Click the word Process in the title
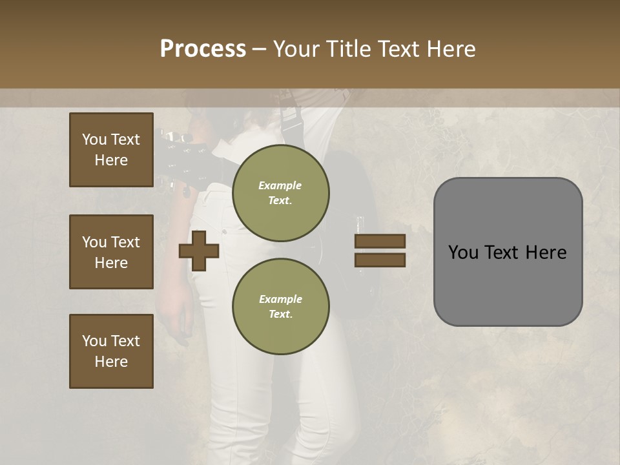(x=203, y=49)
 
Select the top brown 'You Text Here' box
(x=111, y=150)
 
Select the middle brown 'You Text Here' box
(x=111, y=252)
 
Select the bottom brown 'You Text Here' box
(x=111, y=351)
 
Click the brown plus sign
(x=199, y=251)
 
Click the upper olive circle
(x=280, y=192)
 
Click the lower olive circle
(x=280, y=306)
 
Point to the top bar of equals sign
(x=380, y=241)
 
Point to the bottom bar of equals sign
(x=380, y=260)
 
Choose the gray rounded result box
(x=508, y=252)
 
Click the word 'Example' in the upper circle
(x=280, y=185)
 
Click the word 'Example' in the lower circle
(x=280, y=299)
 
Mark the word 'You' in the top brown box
(x=94, y=139)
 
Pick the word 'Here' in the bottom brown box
(x=111, y=362)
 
